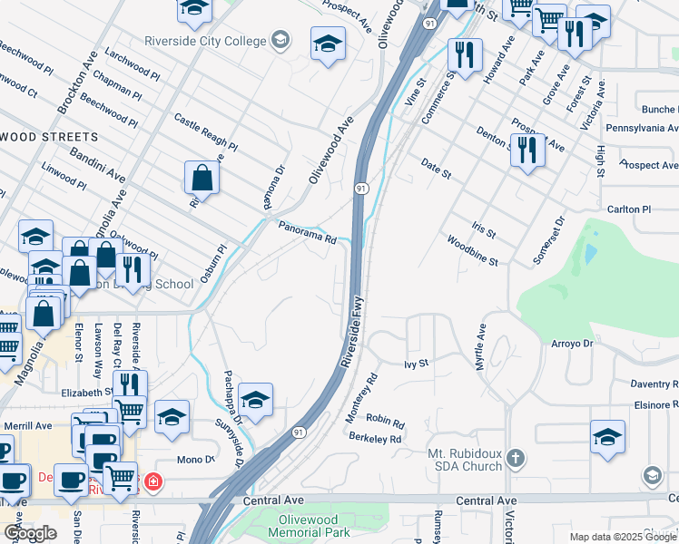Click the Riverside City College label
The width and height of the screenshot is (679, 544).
(x=205, y=41)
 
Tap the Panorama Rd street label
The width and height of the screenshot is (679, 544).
(x=307, y=234)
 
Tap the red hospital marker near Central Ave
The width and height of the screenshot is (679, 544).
(x=153, y=481)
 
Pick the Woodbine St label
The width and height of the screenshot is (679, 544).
(x=471, y=251)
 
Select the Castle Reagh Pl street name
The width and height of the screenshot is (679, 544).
(x=205, y=132)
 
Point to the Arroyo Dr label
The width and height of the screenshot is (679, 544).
(x=571, y=344)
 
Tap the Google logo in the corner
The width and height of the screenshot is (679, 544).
(x=30, y=533)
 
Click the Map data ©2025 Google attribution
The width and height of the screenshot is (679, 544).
(x=623, y=538)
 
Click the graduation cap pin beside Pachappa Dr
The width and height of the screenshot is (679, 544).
(x=256, y=401)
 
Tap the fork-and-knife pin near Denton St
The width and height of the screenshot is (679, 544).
(x=526, y=150)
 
